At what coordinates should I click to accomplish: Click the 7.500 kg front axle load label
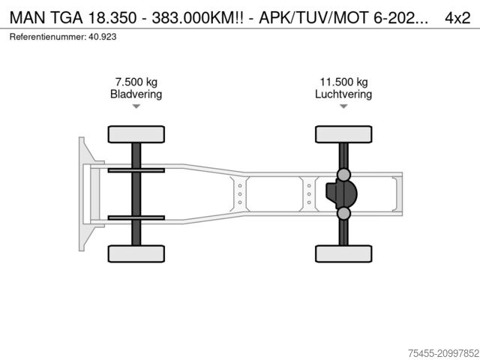pyautogui.click(x=136, y=82)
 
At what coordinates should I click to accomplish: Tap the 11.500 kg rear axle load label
pyautogui.click(x=343, y=82)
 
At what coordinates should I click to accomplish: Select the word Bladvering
pyautogui.click(x=136, y=94)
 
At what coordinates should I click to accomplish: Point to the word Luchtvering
pyautogui.click(x=343, y=94)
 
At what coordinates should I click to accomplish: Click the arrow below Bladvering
pyautogui.click(x=136, y=106)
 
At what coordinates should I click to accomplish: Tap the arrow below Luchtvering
pyautogui.click(x=343, y=106)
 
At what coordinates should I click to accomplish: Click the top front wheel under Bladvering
pyautogui.click(x=136, y=134)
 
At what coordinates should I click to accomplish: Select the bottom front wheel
pyautogui.click(x=136, y=253)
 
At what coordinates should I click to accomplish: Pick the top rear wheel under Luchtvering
pyautogui.click(x=343, y=134)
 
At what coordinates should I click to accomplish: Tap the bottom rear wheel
pyautogui.click(x=343, y=253)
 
